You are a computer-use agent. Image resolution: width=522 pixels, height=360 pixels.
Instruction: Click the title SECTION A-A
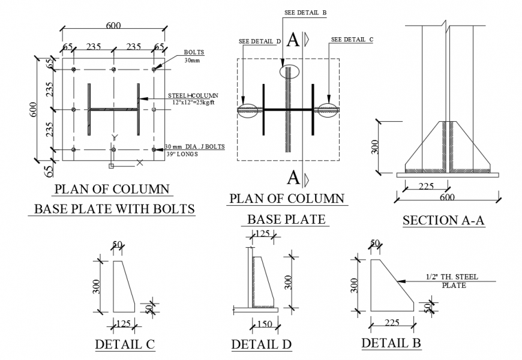[443, 220]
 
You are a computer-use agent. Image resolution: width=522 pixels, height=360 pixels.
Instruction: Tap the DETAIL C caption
[125, 344]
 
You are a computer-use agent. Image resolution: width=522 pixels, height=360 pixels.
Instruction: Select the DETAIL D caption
[262, 344]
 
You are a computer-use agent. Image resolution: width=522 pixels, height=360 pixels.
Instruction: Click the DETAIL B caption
[391, 343]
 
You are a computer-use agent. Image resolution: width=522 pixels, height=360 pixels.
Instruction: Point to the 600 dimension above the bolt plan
[113, 25]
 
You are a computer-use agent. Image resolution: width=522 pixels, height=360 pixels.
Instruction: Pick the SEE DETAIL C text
[352, 40]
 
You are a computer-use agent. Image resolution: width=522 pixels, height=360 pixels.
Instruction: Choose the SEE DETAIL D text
[260, 41]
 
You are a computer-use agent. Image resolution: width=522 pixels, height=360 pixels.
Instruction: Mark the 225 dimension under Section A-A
[425, 187]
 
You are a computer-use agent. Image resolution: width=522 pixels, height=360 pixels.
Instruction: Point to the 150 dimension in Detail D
[263, 325]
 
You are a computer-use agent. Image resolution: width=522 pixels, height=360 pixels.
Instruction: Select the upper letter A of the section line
[293, 40]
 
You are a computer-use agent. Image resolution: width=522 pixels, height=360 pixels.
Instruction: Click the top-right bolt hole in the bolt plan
[154, 70]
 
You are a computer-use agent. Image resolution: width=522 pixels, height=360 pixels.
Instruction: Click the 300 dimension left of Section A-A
[375, 147]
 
